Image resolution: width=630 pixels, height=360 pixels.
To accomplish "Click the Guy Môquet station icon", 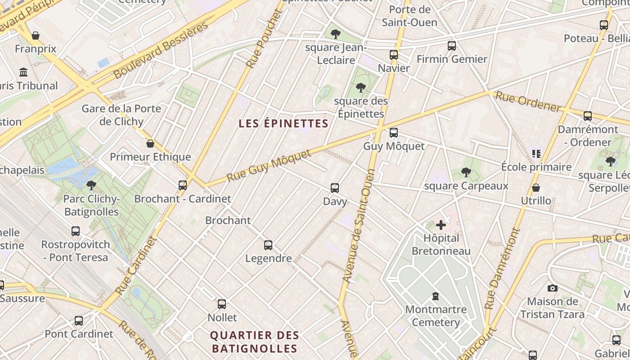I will tap(394, 133).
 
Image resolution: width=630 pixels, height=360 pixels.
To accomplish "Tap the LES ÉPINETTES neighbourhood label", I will tap(283, 123).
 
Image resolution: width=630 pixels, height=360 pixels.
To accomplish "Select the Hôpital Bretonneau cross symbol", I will tap(441, 225).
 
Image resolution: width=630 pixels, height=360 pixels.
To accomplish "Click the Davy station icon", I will tap(335, 188).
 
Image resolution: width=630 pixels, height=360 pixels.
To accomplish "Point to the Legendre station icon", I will tap(268, 245).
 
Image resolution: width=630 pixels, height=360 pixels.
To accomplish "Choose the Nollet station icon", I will tap(222, 304).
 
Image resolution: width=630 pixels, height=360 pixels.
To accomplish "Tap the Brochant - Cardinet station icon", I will tap(183, 185).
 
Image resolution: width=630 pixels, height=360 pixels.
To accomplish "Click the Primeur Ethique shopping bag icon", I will tap(150, 144).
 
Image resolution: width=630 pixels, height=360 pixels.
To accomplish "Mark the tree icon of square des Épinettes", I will tap(360, 87).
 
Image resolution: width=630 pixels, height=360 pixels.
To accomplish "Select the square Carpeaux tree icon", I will tap(466, 172).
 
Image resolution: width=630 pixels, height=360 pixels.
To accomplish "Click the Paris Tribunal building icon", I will tap(23, 72).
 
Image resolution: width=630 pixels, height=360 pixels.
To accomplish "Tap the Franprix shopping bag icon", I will tap(35, 35).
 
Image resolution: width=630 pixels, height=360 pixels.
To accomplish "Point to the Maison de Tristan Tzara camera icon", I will tap(553, 288).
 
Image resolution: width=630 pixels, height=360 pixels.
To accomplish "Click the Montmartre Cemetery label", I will tap(436, 316).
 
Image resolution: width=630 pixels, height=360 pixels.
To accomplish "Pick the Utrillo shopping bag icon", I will tap(536, 188).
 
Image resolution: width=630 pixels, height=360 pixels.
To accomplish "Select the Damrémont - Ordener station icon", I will tap(588, 116).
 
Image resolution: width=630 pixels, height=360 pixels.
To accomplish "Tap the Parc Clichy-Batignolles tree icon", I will tap(91, 185).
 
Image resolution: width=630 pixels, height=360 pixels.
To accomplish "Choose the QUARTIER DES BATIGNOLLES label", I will tap(255, 342).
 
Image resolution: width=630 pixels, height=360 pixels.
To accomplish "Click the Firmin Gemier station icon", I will tap(452, 46).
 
